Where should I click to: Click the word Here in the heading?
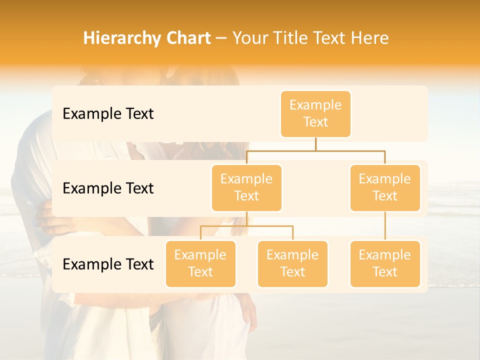(369, 38)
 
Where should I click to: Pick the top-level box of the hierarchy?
(315, 114)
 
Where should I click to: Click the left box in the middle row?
(246, 187)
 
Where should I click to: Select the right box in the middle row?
(385, 187)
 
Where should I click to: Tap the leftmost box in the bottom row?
(200, 263)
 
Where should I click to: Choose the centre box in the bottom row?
(292, 263)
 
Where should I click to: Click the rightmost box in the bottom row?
(385, 263)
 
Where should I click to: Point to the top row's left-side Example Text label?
(108, 114)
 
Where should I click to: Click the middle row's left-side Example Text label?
(108, 188)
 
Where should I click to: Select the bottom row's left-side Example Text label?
(108, 264)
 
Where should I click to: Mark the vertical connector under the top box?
(315, 144)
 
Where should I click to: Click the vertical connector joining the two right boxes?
(385, 226)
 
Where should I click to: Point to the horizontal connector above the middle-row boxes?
(315, 150)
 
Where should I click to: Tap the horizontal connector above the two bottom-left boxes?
(246, 226)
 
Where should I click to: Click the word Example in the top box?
(315, 105)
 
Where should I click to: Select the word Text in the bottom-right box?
(385, 272)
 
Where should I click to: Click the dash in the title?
(221, 38)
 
